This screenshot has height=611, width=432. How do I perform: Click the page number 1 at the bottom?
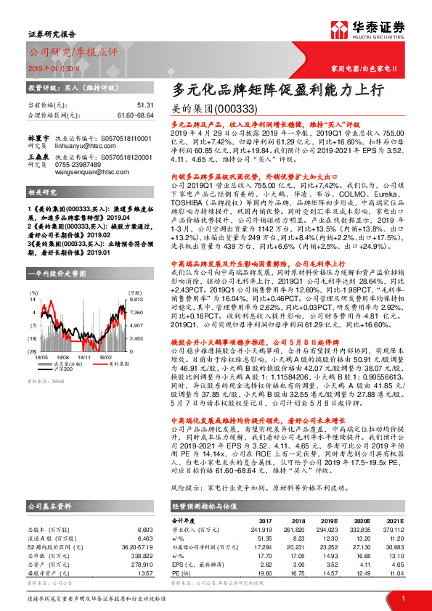[402, 598]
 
